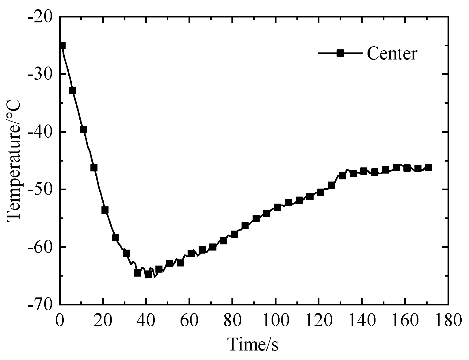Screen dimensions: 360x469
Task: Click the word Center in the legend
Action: point(392,53)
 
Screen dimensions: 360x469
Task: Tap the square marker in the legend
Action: point(340,53)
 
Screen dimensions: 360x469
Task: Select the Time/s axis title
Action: point(253,344)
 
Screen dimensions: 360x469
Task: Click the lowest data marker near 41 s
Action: point(148,274)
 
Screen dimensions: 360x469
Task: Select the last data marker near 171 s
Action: point(429,167)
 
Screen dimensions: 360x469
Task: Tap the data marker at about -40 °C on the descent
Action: point(83,129)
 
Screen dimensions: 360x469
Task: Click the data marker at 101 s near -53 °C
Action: point(277,207)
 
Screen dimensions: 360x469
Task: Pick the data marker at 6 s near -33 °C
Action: point(73,90)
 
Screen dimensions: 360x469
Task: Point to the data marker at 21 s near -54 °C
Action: point(105,210)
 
